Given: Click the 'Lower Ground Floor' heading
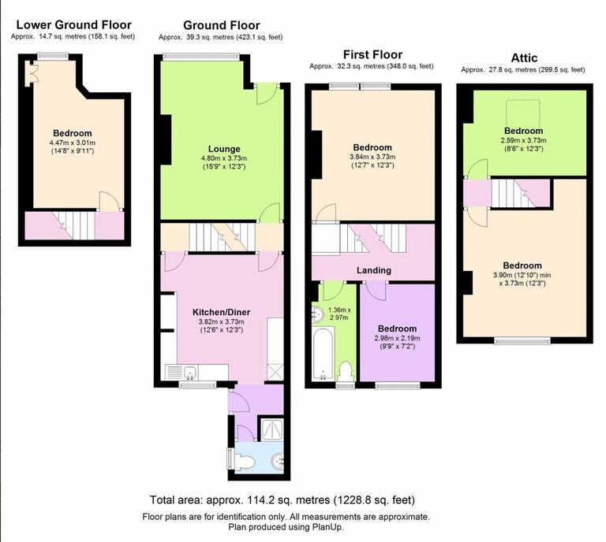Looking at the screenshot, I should point(73,25).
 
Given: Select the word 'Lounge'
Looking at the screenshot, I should point(224,149).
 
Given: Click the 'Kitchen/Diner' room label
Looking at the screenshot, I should point(219,311).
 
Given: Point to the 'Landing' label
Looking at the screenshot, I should point(373,270).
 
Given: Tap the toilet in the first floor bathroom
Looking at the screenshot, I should point(345,370).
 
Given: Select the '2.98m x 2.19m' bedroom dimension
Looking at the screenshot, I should point(396,338).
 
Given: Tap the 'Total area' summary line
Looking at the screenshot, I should point(282,500).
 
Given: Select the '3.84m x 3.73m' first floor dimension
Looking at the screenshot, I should point(372,157).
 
